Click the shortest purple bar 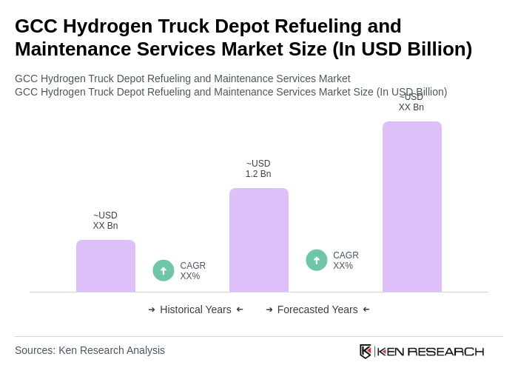click(x=106, y=266)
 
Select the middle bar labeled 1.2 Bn click(x=258, y=240)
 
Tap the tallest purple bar click(x=411, y=207)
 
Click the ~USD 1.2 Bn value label click(x=258, y=169)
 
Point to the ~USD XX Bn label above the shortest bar click(x=105, y=221)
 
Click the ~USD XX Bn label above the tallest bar click(x=411, y=102)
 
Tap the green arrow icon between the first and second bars click(x=164, y=270)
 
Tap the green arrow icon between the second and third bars click(x=317, y=260)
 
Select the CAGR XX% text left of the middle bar click(x=192, y=271)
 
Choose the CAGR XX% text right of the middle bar click(x=346, y=261)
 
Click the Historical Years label click(x=195, y=309)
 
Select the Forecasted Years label click(x=317, y=309)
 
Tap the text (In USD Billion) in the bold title click(x=402, y=49)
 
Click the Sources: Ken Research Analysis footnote click(x=90, y=350)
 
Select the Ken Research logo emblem click(x=366, y=351)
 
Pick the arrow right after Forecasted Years click(x=366, y=309)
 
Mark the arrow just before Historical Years click(x=152, y=309)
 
